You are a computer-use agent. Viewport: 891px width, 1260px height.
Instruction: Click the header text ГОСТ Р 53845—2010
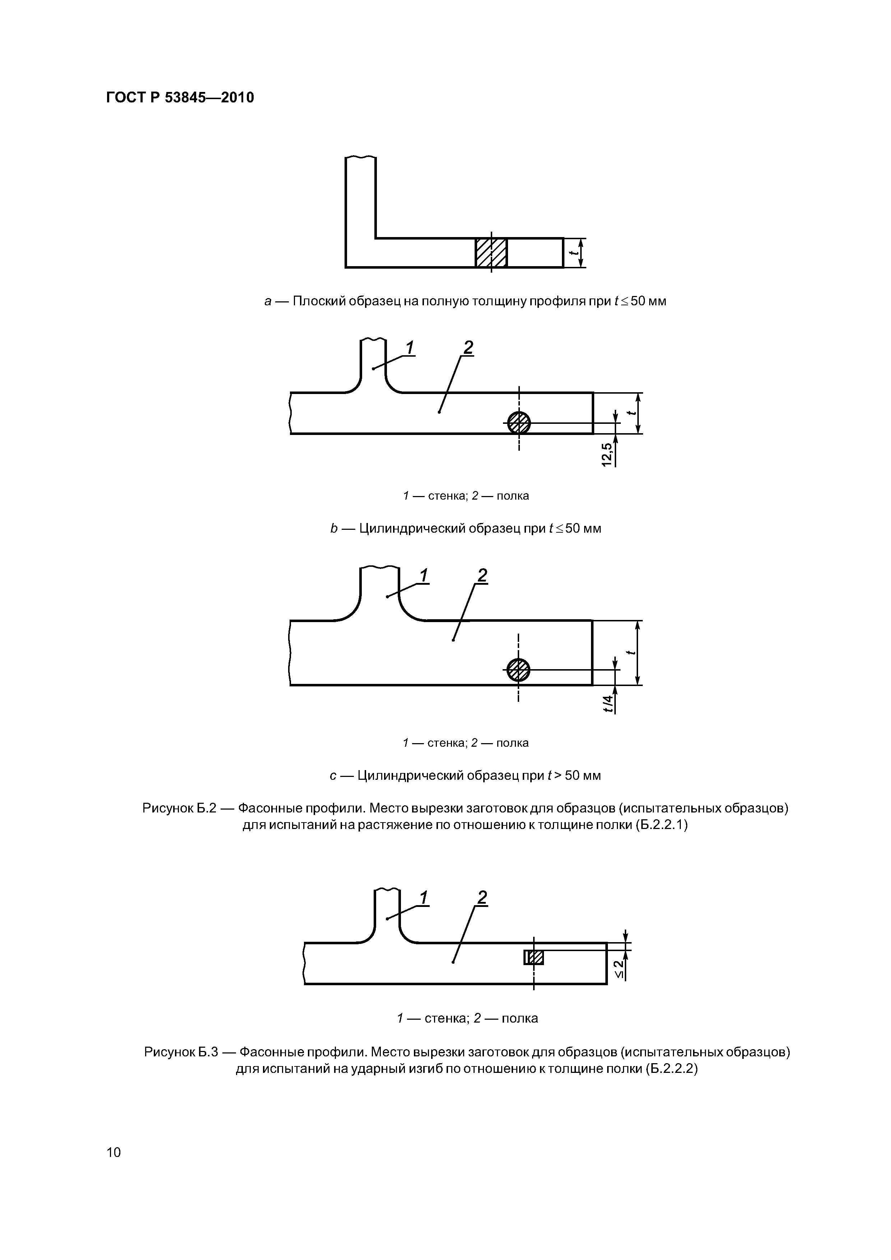pos(180,98)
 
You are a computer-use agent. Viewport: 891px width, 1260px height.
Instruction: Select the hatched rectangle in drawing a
pos(491,253)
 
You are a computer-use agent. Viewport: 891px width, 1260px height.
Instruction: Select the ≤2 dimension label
pos(619,969)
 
